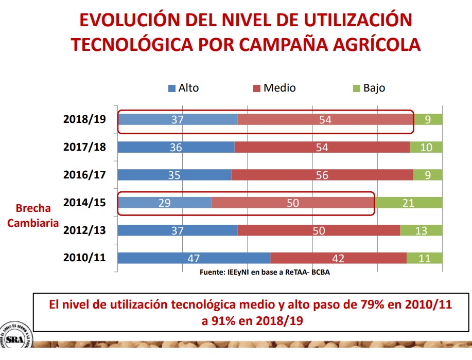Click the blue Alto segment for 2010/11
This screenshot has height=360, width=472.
[x=194, y=258]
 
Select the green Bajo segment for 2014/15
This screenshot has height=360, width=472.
[x=409, y=203]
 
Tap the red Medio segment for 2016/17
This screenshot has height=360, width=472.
[x=322, y=175]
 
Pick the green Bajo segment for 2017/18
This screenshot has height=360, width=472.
[x=426, y=147]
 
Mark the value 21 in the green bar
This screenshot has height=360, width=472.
[x=408, y=203]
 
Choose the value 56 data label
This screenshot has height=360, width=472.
[x=322, y=175]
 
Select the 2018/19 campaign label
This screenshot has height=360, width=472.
[x=84, y=119]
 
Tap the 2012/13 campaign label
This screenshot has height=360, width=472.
[x=84, y=230]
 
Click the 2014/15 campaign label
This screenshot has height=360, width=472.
[x=84, y=202]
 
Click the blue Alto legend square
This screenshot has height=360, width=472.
[x=172, y=88]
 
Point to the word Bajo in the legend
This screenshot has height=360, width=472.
[x=374, y=88]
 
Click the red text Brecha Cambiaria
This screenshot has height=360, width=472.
[x=33, y=215]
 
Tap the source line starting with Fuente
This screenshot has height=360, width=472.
[x=265, y=273]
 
